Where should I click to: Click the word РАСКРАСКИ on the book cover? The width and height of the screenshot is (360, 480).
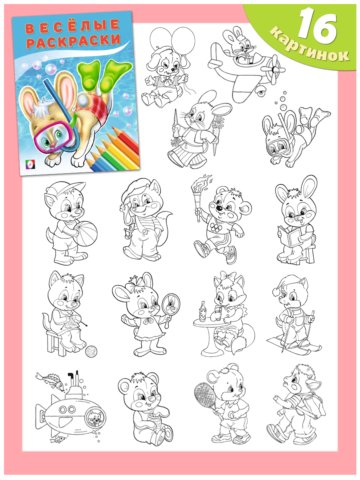[x=74, y=41]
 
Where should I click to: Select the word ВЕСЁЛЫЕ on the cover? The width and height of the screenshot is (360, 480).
[x=72, y=26]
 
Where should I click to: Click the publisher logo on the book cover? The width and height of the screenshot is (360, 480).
[x=30, y=164]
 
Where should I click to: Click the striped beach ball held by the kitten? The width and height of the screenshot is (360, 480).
[x=85, y=233]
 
